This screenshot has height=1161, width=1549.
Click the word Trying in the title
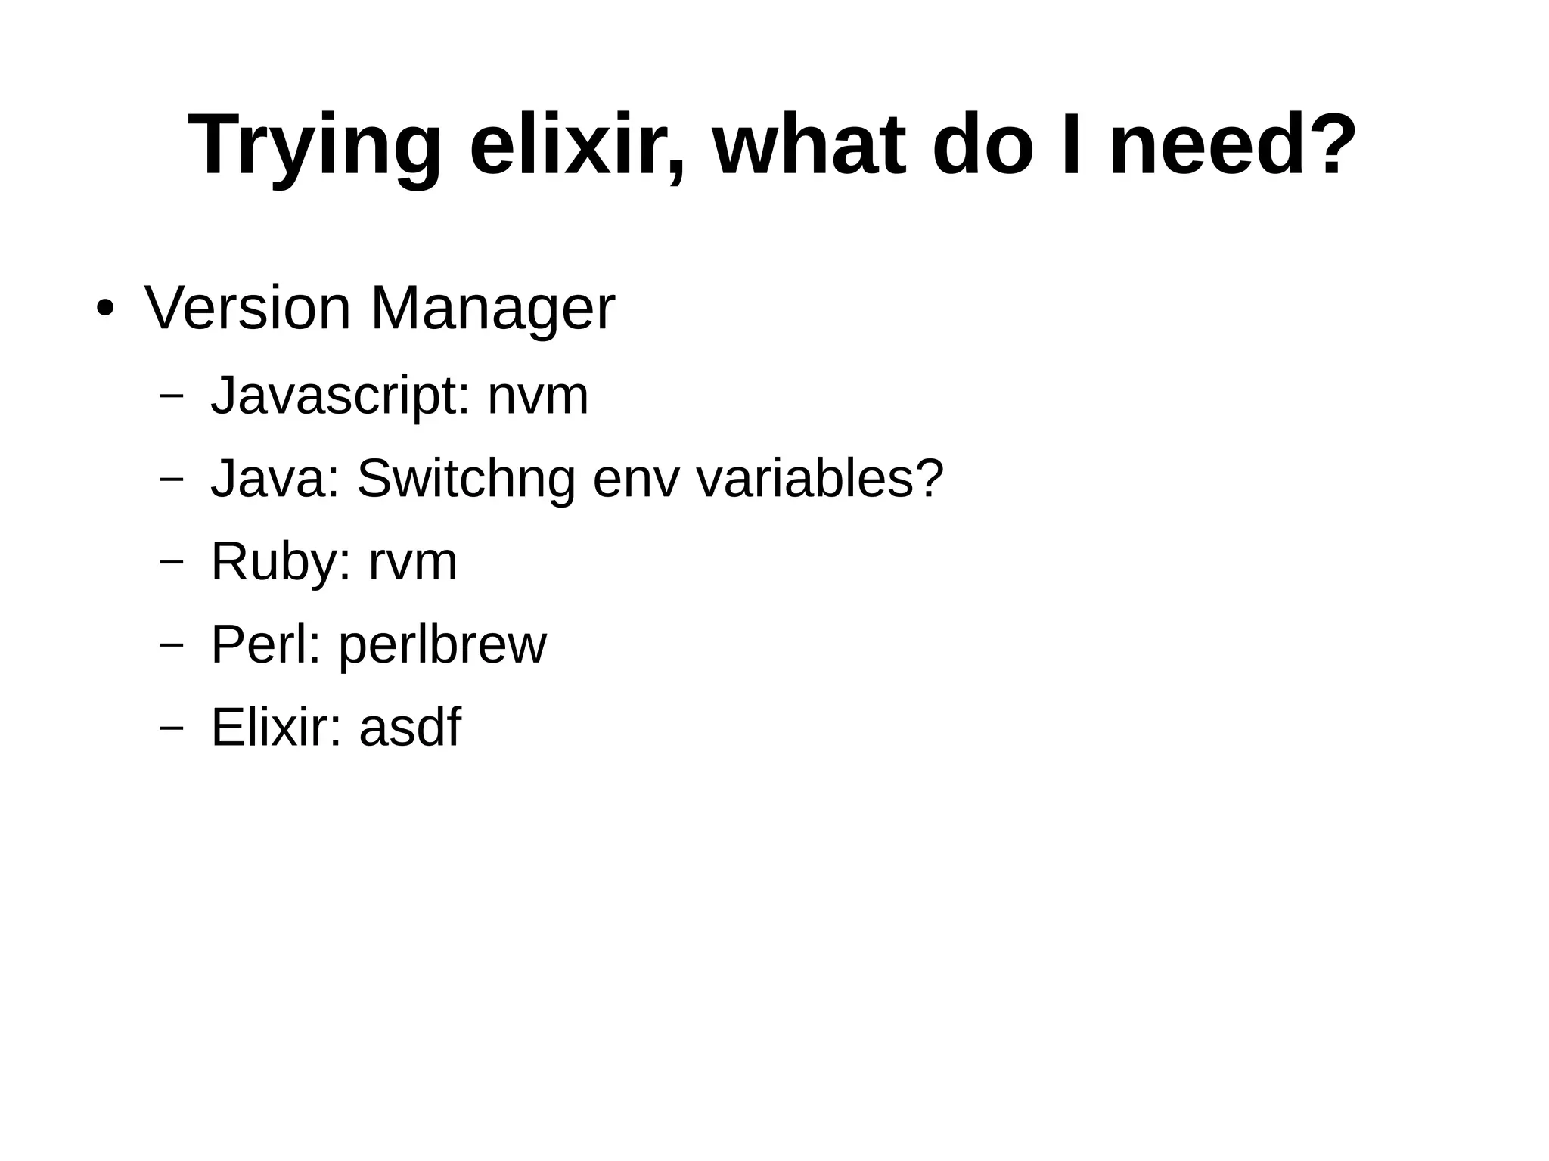point(315,145)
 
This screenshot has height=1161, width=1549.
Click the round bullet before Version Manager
point(105,309)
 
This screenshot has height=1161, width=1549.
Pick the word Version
point(247,308)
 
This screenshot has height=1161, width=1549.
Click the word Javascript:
point(337,396)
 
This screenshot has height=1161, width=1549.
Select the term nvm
point(538,396)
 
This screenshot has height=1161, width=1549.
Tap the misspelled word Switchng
point(465,479)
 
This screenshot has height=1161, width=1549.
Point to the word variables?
point(819,479)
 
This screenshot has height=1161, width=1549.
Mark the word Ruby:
point(281,563)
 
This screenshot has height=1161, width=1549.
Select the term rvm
point(413,563)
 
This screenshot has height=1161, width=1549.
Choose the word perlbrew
point(442,646)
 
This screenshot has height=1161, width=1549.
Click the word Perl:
point(265,644)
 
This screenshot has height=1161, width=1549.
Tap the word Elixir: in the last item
point(276,728)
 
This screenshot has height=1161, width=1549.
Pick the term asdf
point(409,728)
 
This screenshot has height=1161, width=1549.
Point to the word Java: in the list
point(275,479)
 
